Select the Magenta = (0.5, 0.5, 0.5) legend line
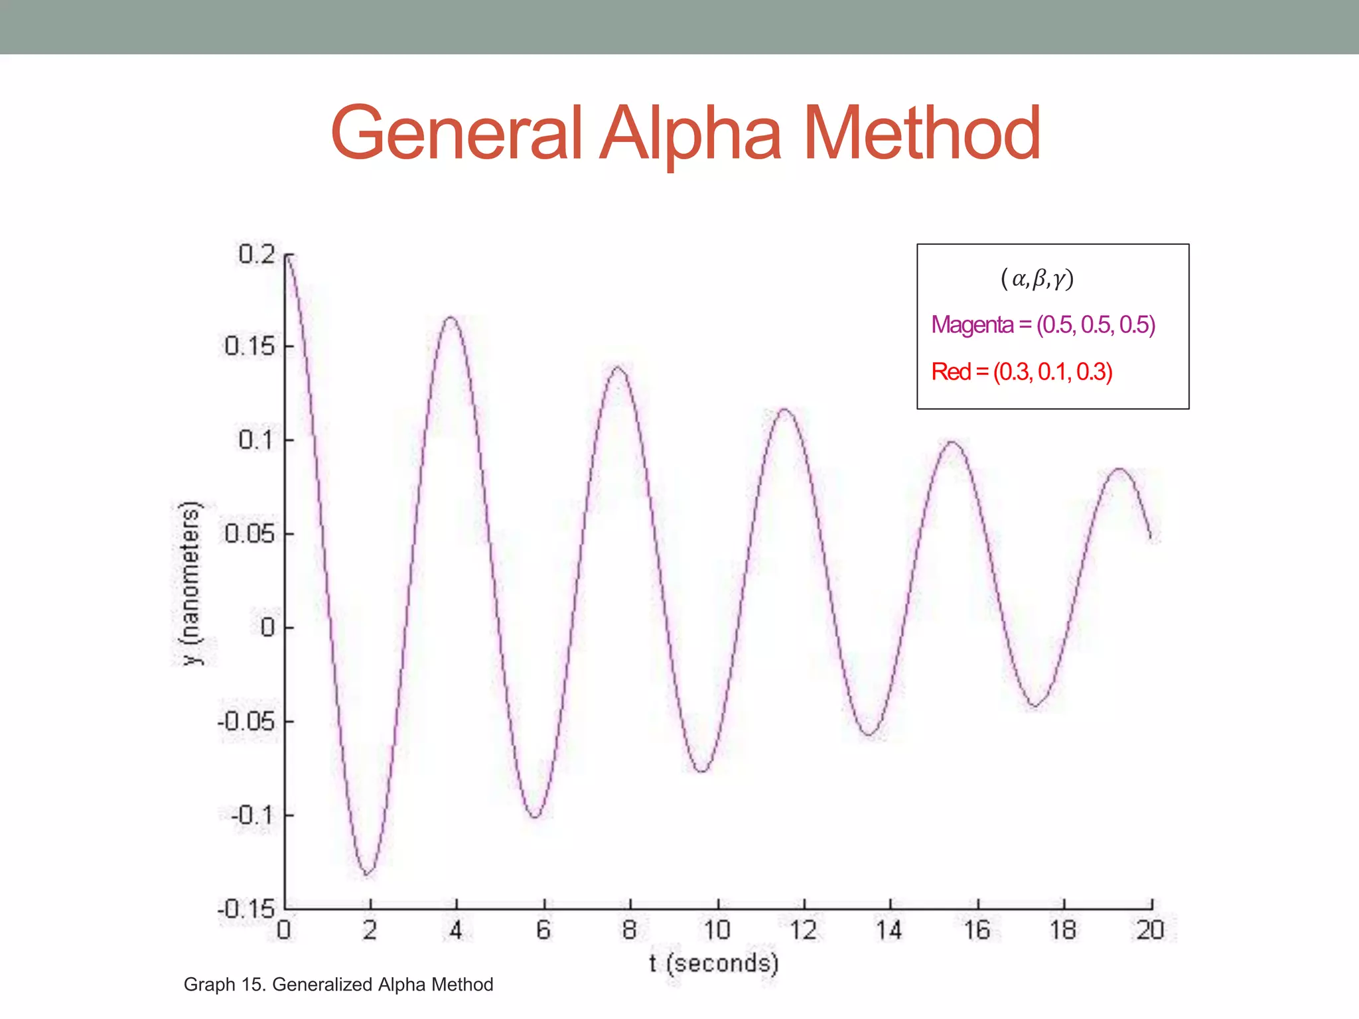1043,325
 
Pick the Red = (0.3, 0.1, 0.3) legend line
1022,372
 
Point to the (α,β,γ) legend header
1037,278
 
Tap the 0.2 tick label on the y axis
257,254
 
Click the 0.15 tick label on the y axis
250,346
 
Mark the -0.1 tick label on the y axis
252,815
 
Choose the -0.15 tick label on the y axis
246,909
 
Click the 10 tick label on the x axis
717,930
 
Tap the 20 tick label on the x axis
1151,930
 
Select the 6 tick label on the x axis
543,930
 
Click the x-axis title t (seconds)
713,963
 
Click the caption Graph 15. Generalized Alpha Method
338,985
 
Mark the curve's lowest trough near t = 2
368,873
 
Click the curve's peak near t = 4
451,317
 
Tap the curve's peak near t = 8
618,367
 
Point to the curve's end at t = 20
1151,537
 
